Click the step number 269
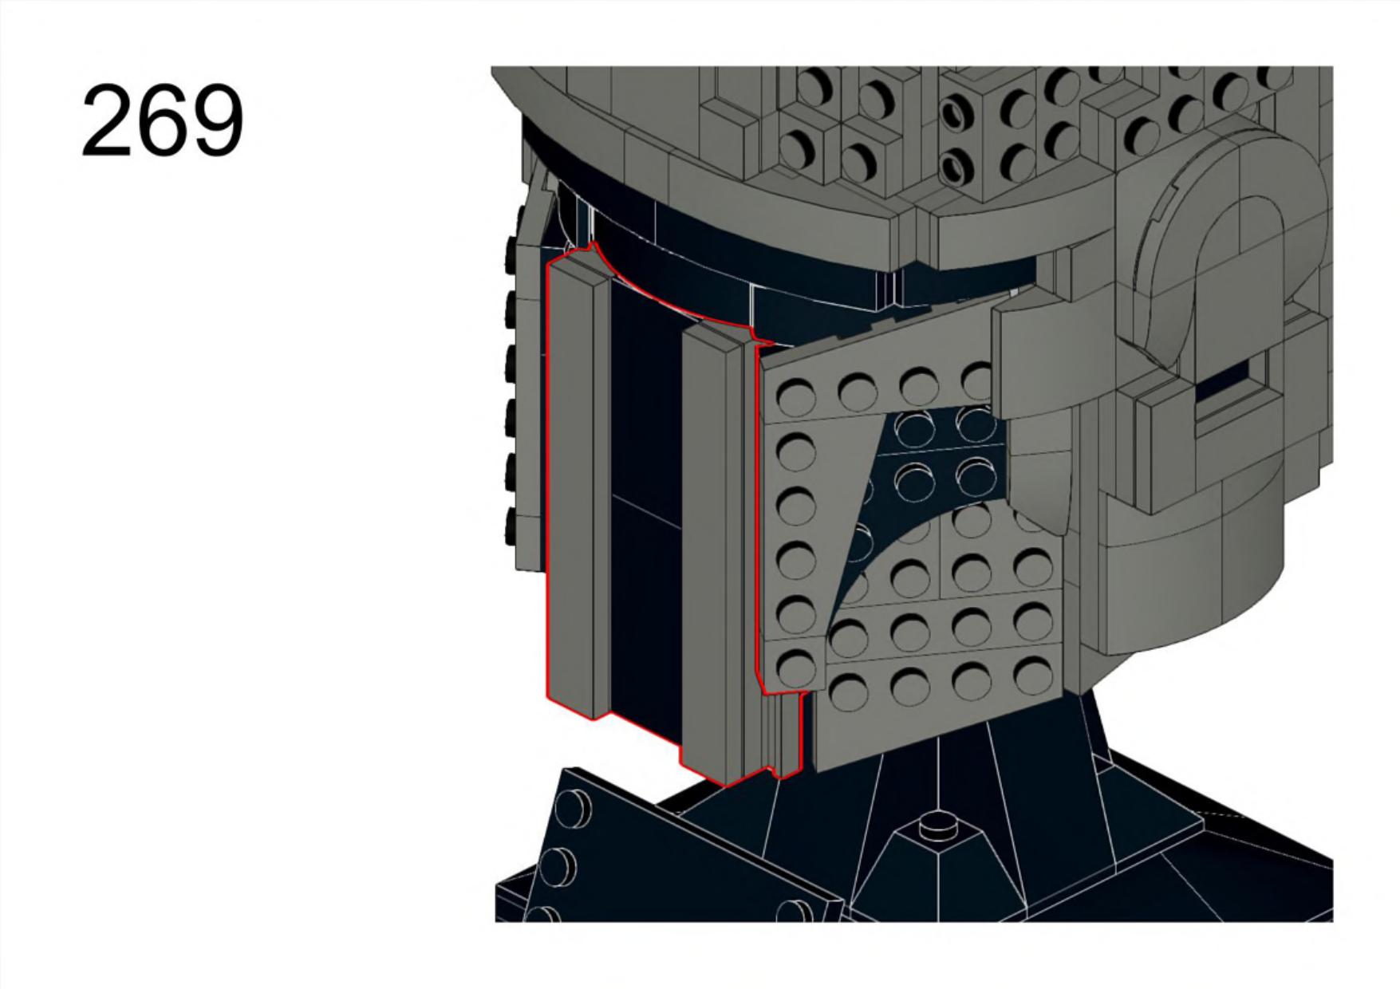tap(163, 121)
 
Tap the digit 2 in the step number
tap(107, 121)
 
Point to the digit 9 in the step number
tap(218, 121)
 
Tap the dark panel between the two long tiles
tap(645, 510)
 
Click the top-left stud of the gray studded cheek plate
tap(795, 394)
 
